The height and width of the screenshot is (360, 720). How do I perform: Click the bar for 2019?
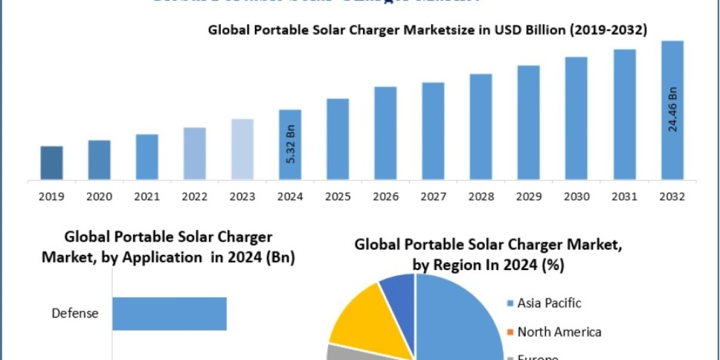coord(52,162)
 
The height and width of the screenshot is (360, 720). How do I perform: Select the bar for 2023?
coord(242,149)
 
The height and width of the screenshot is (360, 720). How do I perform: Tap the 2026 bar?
coord(385,133)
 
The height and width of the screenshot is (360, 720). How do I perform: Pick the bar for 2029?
coord(529,122)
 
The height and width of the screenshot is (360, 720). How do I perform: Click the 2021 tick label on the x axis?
coord(147,196)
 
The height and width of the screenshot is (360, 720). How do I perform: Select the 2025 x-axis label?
coord(338,196)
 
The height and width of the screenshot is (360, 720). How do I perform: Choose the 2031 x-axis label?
coord(625,196)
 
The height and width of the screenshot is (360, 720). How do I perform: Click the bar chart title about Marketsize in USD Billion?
coord(427,31)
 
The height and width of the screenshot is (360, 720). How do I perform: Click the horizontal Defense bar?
coord(169,313)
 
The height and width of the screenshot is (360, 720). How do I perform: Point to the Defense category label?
coord(75,313)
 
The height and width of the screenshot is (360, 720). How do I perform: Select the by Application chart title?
coord(168,247)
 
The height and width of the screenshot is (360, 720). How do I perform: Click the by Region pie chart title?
coord(487,254)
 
